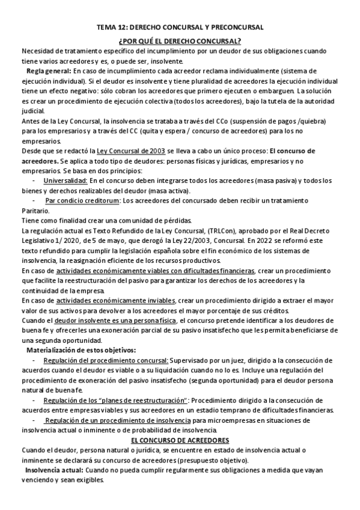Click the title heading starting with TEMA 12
(180, 28)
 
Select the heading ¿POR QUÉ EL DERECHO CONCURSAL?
(180, 40)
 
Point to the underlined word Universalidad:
(66, 180)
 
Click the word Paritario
(37, 210)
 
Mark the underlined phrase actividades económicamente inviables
(116, 300)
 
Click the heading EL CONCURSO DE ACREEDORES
(180, 441)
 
